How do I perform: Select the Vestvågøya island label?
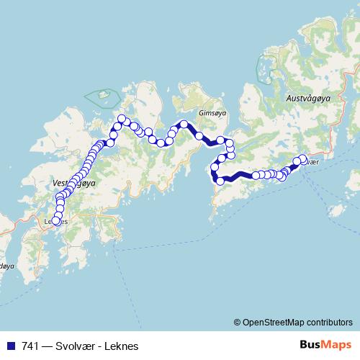pos(74,184)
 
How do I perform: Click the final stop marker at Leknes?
pos(56,221)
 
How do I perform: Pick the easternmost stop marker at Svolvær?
pos(302,158)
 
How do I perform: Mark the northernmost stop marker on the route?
pos(122,118)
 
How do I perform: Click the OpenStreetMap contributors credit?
pos(297,323)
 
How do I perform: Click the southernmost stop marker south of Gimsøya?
pos(220,181)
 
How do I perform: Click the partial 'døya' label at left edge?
pos(6,266)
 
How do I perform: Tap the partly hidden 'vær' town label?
pos(311,162)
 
